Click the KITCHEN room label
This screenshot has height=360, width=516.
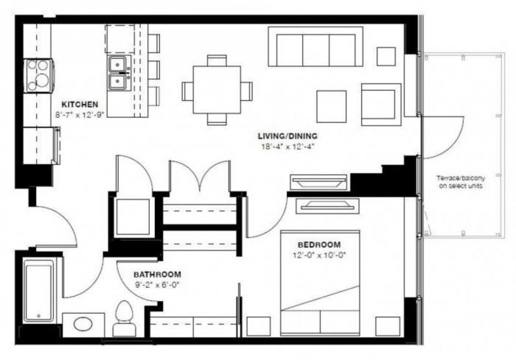click(x=80, y=104)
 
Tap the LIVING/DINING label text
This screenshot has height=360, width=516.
click(x=287, y=136)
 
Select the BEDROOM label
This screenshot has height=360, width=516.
click(x=319, y=245)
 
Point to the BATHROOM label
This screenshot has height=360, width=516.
click(x=157, y=274)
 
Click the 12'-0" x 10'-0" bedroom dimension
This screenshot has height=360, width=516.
click(x=319, y=254)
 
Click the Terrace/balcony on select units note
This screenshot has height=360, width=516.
click(x=459, y=182)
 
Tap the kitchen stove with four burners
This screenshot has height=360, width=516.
click(x=39, y=76)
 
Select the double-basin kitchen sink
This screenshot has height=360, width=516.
click(x=117, y=73)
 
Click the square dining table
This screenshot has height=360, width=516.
click(x=217, y=90)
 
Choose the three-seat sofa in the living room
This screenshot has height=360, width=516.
click(x=316, y=47)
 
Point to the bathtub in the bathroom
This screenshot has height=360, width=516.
click(x=39, y=290)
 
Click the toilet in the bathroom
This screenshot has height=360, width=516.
click(x=124, y=318)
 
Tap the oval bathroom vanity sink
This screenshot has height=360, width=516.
click(x=83, y=324)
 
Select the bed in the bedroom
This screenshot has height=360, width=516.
click(x=320, y=284)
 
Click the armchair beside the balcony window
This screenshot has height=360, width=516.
click(x=381, y=104)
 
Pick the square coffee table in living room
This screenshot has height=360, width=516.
click(x=332, y=106)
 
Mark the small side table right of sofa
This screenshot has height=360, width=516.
click(x=386, y=56)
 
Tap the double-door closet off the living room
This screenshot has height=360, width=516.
click(x=200, y=176)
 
